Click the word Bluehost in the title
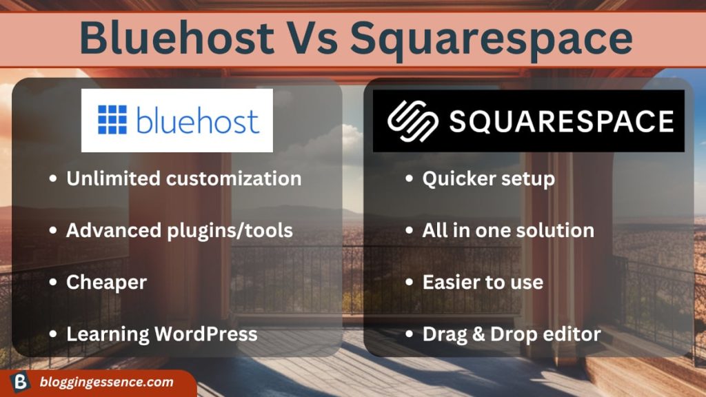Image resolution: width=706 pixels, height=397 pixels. coord(177,38)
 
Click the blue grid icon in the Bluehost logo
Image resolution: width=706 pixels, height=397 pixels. coord(112,120)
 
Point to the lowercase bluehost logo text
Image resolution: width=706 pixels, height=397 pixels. coord(198,120)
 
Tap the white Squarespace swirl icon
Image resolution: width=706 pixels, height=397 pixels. coord(413,121)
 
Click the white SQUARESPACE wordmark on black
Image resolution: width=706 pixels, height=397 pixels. coord(561,121)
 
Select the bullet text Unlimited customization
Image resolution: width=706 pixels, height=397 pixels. coord(183,179)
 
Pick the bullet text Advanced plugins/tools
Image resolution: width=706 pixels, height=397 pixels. coord(179,231)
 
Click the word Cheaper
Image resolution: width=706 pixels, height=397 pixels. coord(106,283)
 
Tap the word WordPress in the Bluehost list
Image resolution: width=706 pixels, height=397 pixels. coord(206,334)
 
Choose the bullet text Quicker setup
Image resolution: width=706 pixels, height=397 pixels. coord(489,179)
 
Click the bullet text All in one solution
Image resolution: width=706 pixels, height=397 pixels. coord(508,230)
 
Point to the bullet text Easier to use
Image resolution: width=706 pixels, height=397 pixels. coord(483,283)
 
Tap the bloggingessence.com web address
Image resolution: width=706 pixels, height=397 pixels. coord(106,382)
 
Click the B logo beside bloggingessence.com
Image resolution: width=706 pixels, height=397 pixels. coord(20,382)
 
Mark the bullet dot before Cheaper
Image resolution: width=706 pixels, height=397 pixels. coord(53,282)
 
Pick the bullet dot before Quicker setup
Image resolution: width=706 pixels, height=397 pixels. coord(410,179)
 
